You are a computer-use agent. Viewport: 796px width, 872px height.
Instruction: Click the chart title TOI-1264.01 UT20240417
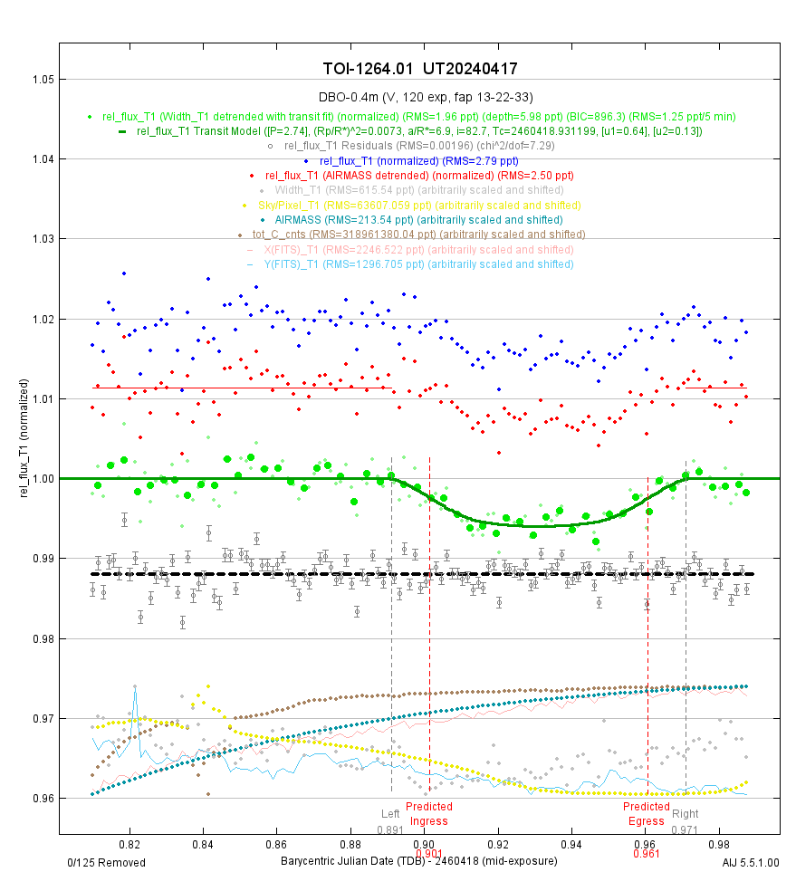coord(420,69)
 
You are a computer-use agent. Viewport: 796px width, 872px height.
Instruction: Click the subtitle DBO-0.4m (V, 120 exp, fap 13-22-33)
coord(420,97)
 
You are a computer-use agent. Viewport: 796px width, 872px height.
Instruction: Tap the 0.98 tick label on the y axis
coord(41,638)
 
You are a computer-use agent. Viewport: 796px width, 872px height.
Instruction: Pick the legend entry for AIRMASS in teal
coord(420,219)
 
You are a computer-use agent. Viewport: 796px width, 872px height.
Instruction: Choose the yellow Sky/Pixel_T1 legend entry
coord(420,205)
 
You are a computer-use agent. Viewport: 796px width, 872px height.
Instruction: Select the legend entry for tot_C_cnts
coord(420,235)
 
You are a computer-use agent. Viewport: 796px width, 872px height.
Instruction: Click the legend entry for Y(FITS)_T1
coord(420,264)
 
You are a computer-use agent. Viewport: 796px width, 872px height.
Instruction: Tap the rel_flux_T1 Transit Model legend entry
coord(420,131)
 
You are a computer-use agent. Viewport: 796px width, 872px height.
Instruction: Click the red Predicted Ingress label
coord(428,813)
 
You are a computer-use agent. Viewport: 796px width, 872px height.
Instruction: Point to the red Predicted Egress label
coord(647,813)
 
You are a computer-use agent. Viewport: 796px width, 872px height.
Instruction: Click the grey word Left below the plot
coord(390,813)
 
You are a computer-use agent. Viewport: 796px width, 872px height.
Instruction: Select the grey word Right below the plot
coord(686,813)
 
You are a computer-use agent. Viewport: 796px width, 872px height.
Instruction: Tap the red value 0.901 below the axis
coord(428,853)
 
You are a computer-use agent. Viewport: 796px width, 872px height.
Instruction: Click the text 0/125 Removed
coord(107,862)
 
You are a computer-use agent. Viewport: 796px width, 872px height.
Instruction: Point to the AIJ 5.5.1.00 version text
coord(752,862)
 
